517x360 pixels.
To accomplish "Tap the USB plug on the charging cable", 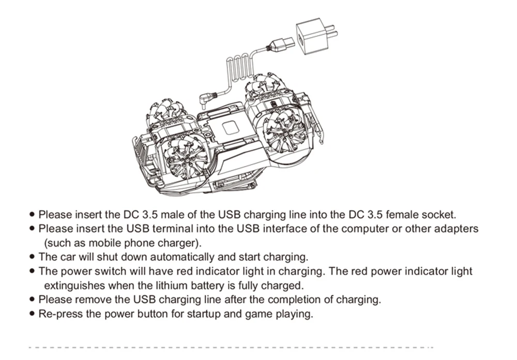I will click(x=279, y=46).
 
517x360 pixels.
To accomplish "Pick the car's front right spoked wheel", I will click(x=282, y=129).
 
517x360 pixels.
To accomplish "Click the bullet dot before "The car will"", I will click(x=33, y=257).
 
